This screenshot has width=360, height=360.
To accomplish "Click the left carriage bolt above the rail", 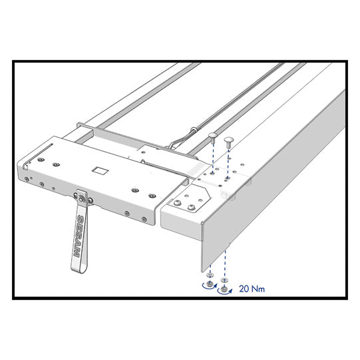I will [212, 137].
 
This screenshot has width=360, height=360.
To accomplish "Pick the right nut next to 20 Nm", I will [224, 290].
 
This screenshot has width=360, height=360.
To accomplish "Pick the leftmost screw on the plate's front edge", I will [26, 178].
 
